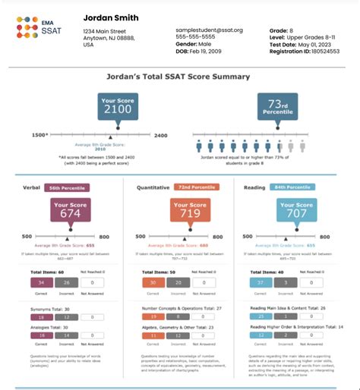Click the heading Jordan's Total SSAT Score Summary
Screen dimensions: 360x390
[180, 77]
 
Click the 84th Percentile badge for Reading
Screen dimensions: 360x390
[292, 186]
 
